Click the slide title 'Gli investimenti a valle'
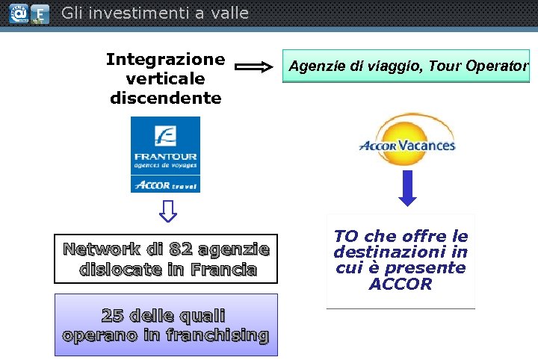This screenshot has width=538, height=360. point(155,13)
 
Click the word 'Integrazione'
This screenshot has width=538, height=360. point(165,59)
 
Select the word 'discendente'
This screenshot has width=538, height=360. point(165,98)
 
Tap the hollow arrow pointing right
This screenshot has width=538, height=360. point(254,67)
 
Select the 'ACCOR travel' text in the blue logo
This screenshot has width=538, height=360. point(165,184)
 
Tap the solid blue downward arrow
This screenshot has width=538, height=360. point(407,187)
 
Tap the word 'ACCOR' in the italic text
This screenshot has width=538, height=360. point(401,284)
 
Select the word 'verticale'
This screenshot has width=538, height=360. point(165,78)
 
